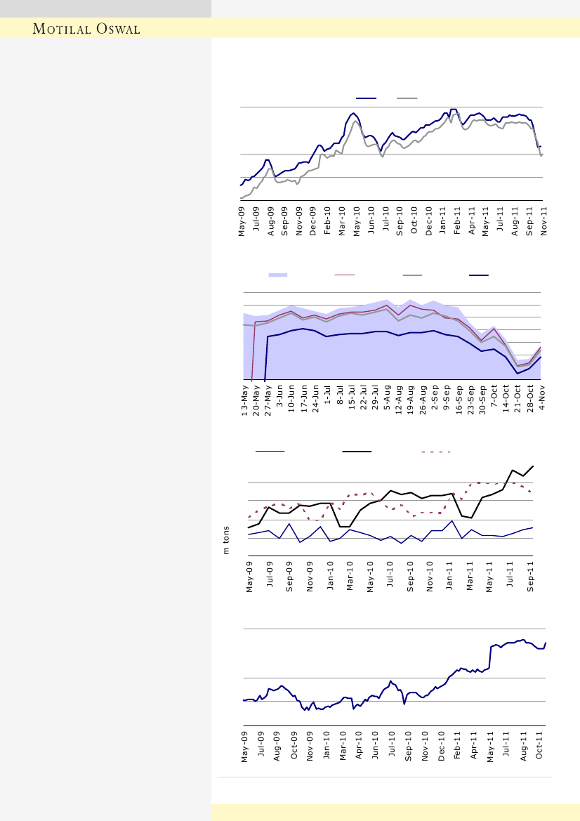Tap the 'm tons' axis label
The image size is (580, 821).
click(227, 540)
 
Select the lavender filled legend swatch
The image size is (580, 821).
click(278, 275)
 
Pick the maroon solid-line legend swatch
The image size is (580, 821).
click(345, 275)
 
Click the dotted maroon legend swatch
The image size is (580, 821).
click(435, 452)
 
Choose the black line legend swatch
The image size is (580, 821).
click(357, 452)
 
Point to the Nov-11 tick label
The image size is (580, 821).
click(543, 219)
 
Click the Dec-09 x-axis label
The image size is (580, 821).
click(313, 219)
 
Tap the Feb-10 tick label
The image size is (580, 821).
click(328, 219)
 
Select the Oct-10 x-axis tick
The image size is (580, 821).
click(414, 219)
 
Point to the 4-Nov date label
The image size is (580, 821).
click(543, 405)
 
